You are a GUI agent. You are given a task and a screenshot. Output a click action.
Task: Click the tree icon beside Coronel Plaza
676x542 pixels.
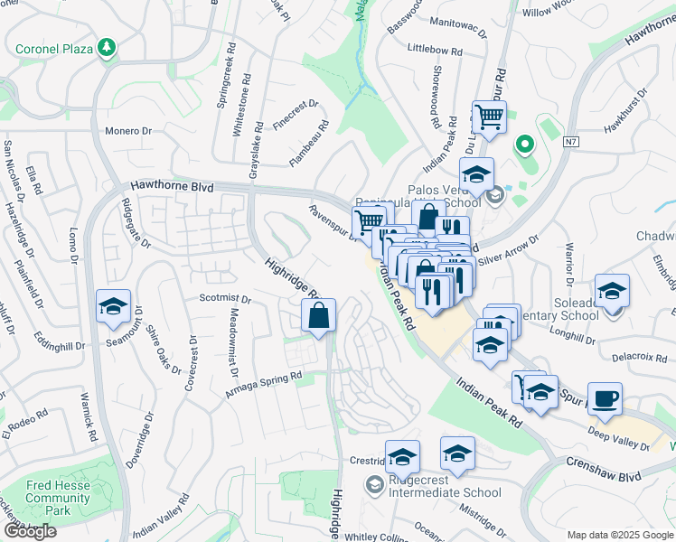pos(108,47)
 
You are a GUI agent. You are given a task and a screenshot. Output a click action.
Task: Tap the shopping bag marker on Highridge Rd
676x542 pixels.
pos(318,317)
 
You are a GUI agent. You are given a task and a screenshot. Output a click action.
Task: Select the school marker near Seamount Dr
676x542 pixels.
pos(113,308)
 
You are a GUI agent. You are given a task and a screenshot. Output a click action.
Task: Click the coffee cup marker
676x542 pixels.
pos(605,397)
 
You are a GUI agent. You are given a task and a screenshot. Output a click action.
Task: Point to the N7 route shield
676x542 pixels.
pos(570,142)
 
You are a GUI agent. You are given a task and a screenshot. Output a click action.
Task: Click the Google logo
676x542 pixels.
pos(29,531)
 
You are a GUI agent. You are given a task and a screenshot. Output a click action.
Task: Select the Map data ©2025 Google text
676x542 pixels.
pos(619,535)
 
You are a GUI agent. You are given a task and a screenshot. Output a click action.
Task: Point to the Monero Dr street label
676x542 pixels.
pos(127,131)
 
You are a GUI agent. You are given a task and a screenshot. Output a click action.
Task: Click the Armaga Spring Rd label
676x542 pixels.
pos(262,384)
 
